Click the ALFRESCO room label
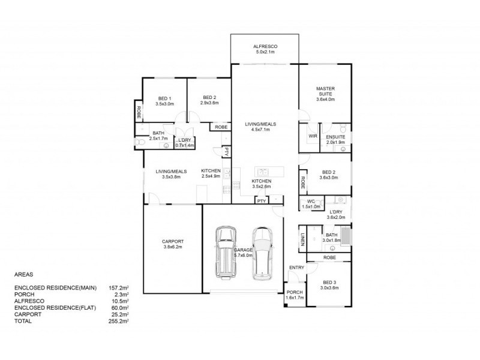(265, 47)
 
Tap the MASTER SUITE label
(325, 91)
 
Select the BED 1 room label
(164, 98)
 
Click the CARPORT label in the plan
(173, 242)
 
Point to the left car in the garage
(226, 253)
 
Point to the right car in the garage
(262, 254)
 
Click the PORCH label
(295, 292)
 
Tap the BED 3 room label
(329, 283)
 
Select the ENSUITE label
(335, 137)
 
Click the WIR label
(313, 136)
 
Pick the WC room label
(311, 202)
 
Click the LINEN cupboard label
(302, 239)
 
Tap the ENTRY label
(296, 268)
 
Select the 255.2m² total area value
(118, 321)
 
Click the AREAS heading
(23, 275)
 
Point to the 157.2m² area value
(118, 288)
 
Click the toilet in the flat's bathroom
(140, 142)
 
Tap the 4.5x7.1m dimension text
(260, 130)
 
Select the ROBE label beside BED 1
(139, 112)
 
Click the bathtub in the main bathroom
(346, 235)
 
